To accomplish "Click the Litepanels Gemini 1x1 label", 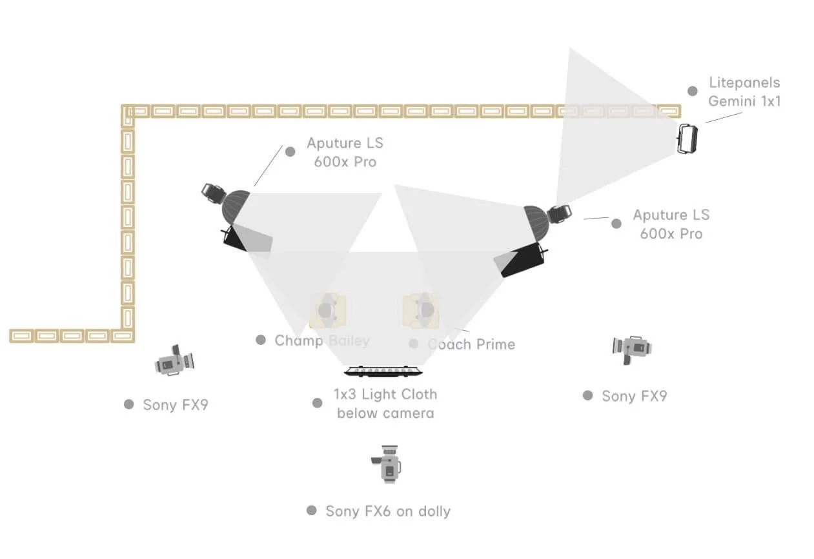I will pyautogui.click(x=744, y=92).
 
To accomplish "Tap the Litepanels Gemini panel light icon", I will pyautogui.click(x=687, y=139).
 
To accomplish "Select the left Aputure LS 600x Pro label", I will pyautogui.click(x=345, y=152).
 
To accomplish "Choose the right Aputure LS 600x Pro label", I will pyautogui.click(x=671, y=224).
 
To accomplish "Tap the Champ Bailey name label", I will pyautogui.click(x=321, y=340).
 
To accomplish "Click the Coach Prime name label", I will pyautogui.click(x=471, y=344).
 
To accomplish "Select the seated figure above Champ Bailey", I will pyautogui.click(x=329, y=309).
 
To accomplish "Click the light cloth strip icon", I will pyautogui.click(x=383, y=371).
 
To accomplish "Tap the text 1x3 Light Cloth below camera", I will pyautogui.click(x=385, y=404).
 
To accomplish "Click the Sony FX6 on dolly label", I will pyautogui.click(x=388, y=511).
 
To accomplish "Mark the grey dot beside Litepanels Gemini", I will pyautogui.click(x=693, y=91).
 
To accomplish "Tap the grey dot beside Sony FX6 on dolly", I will pyautogui.click(x=312, y=511).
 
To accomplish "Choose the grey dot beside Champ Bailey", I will pyautogui.click(x=261, y=340).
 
